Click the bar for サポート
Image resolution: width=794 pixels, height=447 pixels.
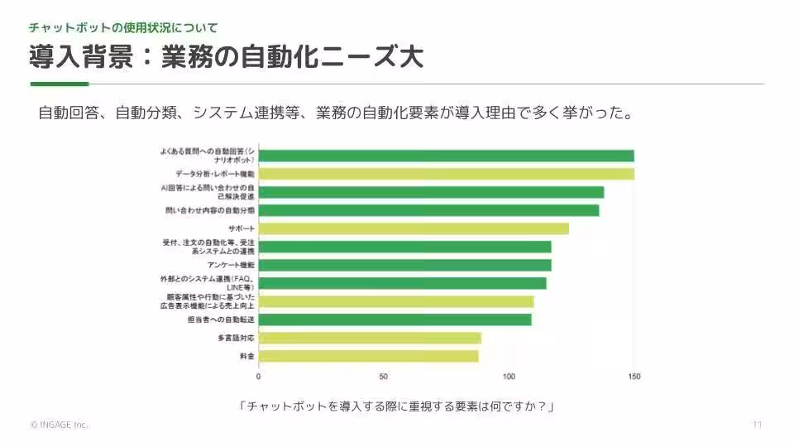414,228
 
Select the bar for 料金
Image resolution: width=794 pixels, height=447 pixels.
368,356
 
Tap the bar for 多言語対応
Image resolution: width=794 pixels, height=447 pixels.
370,338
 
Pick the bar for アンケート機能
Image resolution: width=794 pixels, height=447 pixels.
404,265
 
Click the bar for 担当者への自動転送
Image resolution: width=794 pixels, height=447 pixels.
395,320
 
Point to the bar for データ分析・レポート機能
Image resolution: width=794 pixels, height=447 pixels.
446,174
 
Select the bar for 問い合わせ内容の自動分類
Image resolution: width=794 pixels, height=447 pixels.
428,210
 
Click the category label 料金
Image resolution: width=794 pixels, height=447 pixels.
246,356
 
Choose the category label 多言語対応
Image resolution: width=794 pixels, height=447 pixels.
236,338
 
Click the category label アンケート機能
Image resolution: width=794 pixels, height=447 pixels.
231,265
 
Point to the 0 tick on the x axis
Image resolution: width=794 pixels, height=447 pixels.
259,377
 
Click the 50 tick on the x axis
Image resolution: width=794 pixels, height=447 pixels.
384,377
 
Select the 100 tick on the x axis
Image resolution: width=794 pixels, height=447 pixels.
509,377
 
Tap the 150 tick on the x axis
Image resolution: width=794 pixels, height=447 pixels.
634,377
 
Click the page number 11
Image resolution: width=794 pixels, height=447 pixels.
757,425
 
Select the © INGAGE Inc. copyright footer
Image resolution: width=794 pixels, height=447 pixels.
59,425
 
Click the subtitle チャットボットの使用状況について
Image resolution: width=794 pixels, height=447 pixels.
124,27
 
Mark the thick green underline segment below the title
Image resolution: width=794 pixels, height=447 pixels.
59,84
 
